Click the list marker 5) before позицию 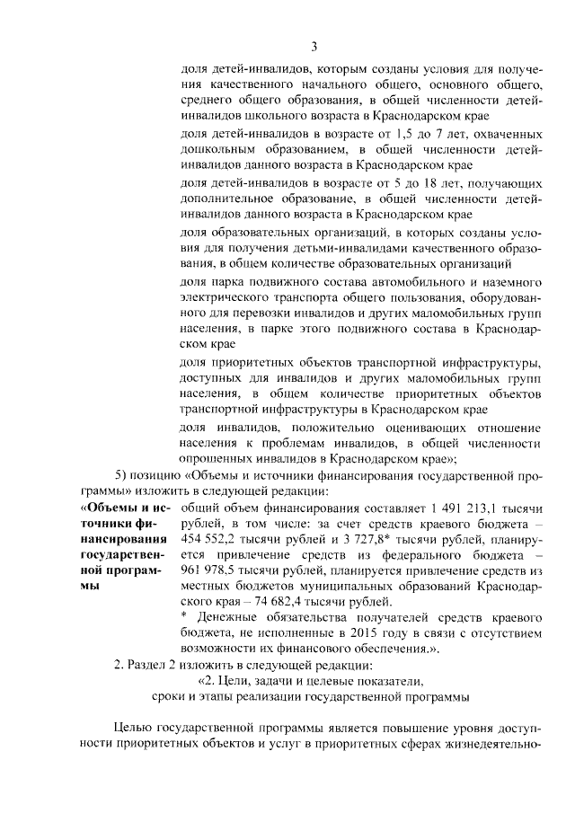126,475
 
